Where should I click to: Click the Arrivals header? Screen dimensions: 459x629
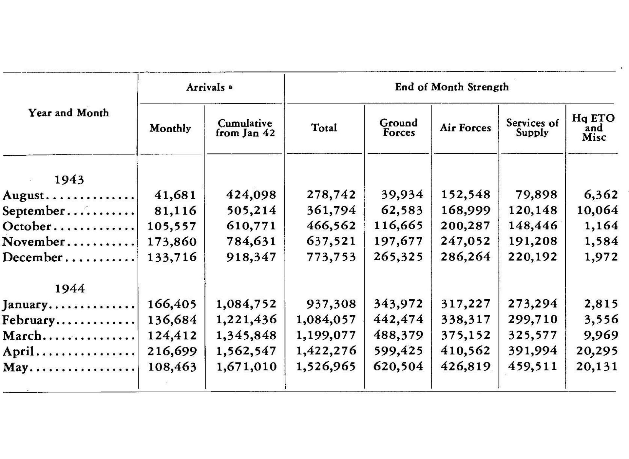point(206,87)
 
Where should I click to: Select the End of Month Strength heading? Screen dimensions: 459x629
point(451,87)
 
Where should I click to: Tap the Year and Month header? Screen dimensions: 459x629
point(68,113)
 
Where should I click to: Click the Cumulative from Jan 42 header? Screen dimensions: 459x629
point(245,128)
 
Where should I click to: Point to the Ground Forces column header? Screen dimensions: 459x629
point(399,128)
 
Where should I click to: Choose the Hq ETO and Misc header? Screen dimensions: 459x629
point(594,128)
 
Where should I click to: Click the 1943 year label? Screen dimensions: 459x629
point(69,180)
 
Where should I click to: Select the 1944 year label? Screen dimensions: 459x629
point(70,289)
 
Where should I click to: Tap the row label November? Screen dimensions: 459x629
point(33,242)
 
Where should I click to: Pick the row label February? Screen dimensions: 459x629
point(29,320)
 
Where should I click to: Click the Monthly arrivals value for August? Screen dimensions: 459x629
point(175,195)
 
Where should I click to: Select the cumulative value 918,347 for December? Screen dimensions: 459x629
point(251,257)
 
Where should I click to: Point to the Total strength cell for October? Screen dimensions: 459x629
point(331,226)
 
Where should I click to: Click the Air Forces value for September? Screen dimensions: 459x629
point(466,210)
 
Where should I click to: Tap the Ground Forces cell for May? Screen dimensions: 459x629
point(398,366)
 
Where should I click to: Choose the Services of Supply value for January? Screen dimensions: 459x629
point(532,304)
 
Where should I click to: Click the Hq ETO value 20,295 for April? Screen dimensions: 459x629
point(597,351)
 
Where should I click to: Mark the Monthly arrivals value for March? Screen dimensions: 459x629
point(172,335)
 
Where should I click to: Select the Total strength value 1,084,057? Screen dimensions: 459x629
point(326,319)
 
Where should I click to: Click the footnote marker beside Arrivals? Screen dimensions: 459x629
point(231,87)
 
